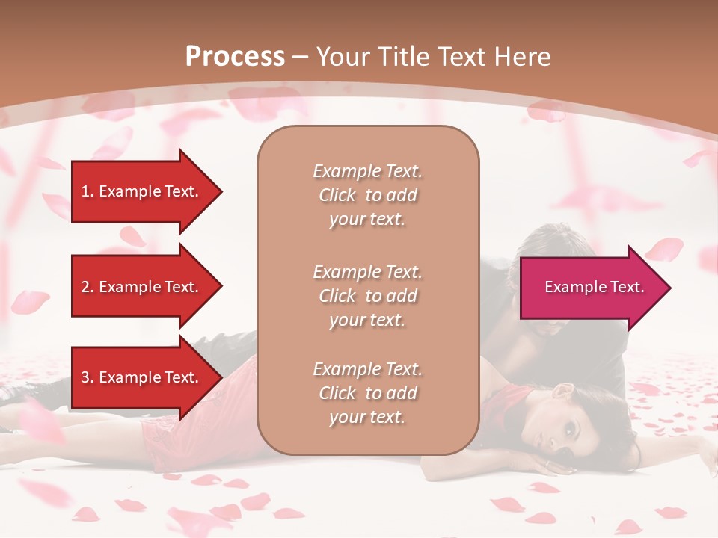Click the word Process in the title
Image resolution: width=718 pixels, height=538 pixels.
[x=235, y=57]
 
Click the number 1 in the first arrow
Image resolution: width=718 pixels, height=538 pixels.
[x=85, y=191]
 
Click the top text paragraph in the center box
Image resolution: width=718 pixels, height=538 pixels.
[x=367, y=195]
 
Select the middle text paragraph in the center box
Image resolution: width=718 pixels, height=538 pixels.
[x=367, y=295]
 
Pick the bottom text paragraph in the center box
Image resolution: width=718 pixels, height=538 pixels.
[x=367, y=393]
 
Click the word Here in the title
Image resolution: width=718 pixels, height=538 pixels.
[x=523, y=57]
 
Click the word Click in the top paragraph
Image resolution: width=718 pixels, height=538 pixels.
[x=337, y=195]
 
